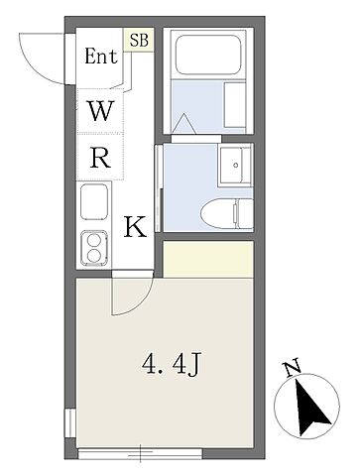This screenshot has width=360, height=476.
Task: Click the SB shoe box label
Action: [x=139, y=40]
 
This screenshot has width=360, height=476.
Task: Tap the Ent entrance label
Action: [x=101, y=57]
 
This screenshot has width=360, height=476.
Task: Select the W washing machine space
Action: [x=100, y=111]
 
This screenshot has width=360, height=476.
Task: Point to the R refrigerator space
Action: [x=100, y=158]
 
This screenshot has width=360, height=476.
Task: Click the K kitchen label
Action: [x=135, y=227]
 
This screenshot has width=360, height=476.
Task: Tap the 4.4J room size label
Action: [x=172, y=364]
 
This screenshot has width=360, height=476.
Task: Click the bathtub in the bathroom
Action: [x=208, y=55]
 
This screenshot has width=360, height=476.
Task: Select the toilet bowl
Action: [x=218, y=214]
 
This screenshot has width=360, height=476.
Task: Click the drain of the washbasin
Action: [x=236, y=165]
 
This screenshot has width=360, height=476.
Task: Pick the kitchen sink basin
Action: [x=94, y=201]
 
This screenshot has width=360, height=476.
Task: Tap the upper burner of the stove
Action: [x=94, y=240]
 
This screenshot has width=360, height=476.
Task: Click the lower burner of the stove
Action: [x=94, y=256]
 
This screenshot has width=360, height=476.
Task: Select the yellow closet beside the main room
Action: [x=208, y=259]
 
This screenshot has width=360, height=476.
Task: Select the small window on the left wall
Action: [x=70, y=423]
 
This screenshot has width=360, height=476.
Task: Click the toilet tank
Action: [x=245, y=213]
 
